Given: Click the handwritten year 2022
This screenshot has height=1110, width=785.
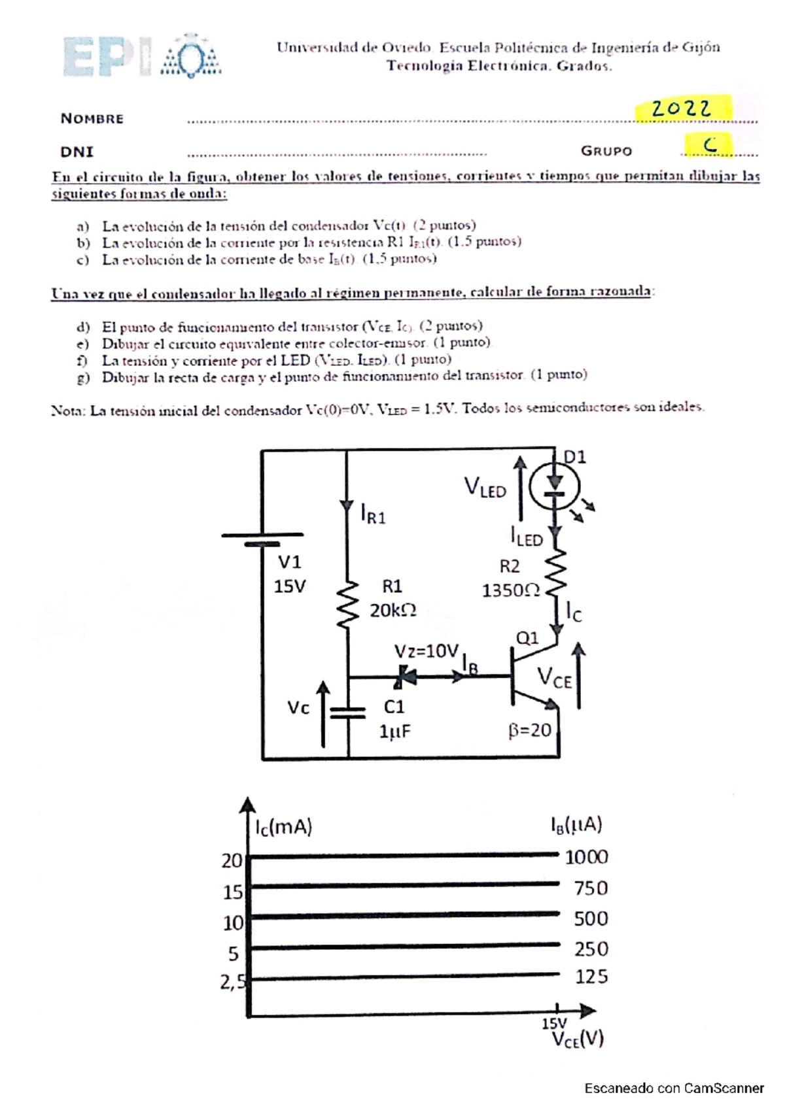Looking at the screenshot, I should point(682,109).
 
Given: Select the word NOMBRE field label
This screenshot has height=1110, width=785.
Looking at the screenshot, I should point(92,118).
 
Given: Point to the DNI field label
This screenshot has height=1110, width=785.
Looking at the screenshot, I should point(77,152).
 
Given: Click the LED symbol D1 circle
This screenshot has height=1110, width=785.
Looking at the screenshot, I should point(554,484).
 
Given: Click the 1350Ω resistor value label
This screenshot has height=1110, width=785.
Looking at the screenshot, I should point(511,590).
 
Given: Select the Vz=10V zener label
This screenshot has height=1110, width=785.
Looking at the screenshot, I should point(426,651).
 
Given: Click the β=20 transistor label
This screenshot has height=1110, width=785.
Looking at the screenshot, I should point(530,730).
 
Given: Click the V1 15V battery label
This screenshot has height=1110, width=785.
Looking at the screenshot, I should point(289,574).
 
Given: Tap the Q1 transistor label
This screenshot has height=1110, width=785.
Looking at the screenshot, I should point(527,637).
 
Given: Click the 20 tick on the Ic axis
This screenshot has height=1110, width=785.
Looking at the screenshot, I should point(232,860).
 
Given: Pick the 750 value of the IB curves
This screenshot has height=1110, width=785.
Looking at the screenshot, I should point(590,888).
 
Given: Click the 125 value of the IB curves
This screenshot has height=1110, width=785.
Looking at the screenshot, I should point(591,977).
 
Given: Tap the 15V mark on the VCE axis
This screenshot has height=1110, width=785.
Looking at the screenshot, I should point(554,1023).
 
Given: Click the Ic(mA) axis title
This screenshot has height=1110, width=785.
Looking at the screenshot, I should point(284,828).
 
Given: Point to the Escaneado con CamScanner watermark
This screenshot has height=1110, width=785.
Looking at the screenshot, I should point(674,1088).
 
